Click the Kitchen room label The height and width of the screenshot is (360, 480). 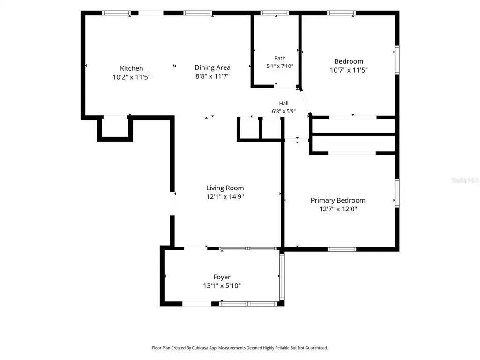click(x=131, y=68)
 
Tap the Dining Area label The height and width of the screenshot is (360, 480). click(x=212, y=67)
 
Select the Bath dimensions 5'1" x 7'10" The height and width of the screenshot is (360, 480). click(x=280, y=66)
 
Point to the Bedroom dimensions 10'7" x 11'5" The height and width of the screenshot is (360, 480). click(x=349, y=70)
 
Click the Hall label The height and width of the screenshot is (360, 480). click(x=284, y=104)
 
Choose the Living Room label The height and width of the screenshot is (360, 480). click(x=225, y=188)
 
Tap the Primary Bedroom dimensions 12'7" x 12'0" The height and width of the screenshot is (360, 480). click(x=338, y=209)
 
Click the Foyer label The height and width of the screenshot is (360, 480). click(x=222, y=277)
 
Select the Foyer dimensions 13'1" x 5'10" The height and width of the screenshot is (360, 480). click(x=222, y=286)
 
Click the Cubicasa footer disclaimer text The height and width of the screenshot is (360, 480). click(x=240, y=348)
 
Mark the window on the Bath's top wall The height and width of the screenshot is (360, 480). click(x=275, y=13)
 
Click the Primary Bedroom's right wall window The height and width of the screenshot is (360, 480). click(x=397, y=193)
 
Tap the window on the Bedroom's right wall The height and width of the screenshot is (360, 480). click(x=397, y=60)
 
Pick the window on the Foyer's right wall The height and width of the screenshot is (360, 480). click(x=282, y=277)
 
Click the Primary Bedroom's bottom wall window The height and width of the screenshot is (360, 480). click(x=342, y=249)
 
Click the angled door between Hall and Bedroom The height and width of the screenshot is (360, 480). click(x=305, y=101)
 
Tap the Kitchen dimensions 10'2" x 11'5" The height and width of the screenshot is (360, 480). click(x=132, y=77)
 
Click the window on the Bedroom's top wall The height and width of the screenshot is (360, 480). click(x=341, y=13)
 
